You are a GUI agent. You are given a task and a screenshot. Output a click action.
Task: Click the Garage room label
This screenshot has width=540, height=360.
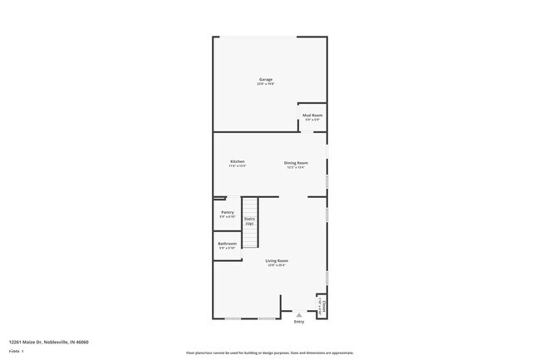tap(265, 79)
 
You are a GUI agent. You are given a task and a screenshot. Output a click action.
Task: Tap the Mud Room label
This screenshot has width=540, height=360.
tap(312, 116)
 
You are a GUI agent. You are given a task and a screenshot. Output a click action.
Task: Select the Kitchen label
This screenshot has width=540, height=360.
tap(238, 161)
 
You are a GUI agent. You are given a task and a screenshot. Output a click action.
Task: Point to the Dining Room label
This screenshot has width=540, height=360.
tap(296, 162)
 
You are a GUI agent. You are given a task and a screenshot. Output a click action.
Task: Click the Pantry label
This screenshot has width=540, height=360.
tap(228, 212)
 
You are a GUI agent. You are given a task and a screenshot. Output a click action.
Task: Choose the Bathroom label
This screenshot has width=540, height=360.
tap(228, 244)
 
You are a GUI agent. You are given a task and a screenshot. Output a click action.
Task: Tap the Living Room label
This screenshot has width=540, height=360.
tap(277, 261)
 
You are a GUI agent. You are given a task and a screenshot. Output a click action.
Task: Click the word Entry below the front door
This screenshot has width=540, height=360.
tap(299, 322)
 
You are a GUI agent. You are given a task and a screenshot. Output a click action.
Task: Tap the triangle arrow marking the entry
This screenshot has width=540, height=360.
tap(299, 314)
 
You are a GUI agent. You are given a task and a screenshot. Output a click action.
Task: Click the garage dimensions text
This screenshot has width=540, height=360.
tap(265, 84)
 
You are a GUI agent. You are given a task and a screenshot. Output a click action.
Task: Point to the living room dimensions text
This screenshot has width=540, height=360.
tap(277, 266)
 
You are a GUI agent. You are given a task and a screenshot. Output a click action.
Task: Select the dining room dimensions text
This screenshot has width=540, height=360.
tap(296, 167)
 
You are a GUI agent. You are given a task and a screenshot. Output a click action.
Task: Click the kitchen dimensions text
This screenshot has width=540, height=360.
tap(238, 166)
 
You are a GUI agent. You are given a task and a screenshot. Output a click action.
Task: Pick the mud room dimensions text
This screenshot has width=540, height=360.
tap(312, 120)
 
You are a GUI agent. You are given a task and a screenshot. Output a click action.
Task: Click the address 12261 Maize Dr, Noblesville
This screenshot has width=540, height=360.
tap(49, 342)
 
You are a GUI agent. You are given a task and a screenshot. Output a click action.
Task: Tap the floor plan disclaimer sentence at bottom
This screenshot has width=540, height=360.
tap(270, 353)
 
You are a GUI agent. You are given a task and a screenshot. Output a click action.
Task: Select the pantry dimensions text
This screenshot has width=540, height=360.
tap(228, 217)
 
